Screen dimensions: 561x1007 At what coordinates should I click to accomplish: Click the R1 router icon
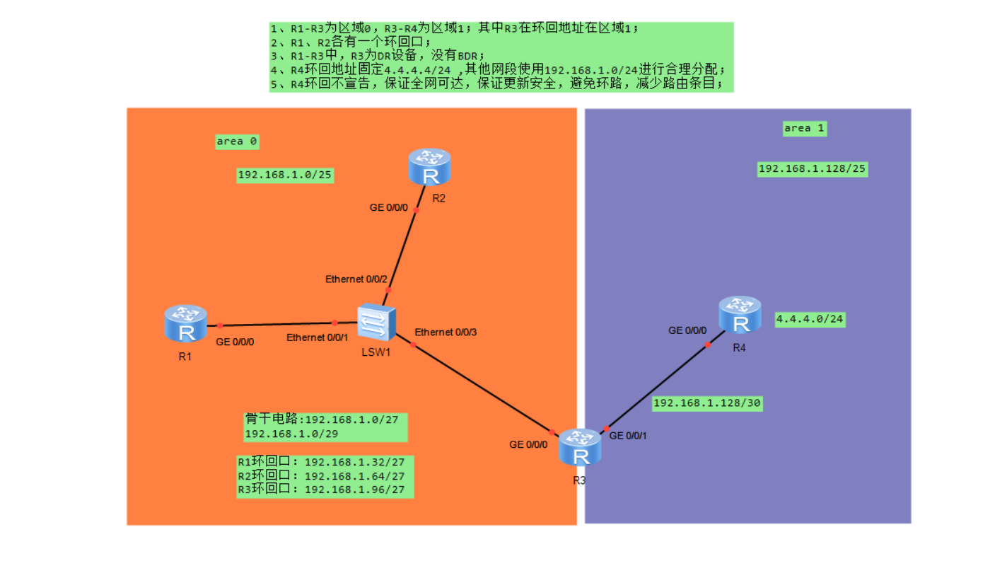(x=185, y=323)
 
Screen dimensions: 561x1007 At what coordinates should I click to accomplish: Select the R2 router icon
(x=429, y=167)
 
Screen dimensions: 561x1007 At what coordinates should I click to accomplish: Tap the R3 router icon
(x=579, y=447)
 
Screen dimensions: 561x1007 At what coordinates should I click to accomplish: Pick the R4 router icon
(x=740, y=315)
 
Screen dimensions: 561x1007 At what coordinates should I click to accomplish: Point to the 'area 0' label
(x=237, y=141)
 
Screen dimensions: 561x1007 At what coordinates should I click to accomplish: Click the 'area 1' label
(x=804, y=128)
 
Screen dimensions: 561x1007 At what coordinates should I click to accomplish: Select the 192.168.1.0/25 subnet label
(x=285, y=175)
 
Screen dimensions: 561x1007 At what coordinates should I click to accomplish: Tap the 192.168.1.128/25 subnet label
(x=813, y=169)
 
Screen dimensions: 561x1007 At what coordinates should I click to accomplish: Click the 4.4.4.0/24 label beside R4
(x=810, y=319)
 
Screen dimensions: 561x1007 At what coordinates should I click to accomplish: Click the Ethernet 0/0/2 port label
(x=356, y=279)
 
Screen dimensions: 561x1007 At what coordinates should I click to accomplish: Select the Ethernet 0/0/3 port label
(x=446, y=332)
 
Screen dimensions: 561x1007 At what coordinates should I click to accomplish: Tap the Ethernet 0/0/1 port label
(x=317, y=337)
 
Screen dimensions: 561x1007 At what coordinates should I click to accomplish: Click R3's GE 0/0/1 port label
(x=627, y=436)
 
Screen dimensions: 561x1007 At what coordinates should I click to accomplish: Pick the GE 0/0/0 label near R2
(x=390, y=207)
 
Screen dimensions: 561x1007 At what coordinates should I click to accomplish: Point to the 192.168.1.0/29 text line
(x=291, y=433)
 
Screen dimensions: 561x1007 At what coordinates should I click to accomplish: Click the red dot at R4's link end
(x=708, y=345)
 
